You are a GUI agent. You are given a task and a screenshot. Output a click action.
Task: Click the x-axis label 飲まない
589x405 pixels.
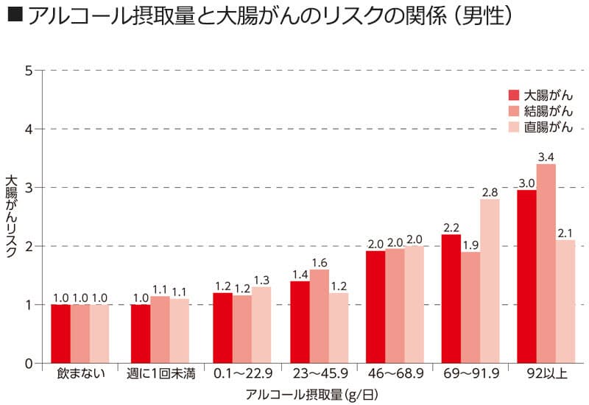[x=80, y=374]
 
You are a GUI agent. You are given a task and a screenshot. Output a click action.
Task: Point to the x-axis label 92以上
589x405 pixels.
[x=546, y=374]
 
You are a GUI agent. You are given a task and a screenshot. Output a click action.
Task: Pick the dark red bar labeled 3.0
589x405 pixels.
[x=527, y=276]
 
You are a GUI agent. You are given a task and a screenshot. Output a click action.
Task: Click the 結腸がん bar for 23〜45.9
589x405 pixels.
[x=320, y=316]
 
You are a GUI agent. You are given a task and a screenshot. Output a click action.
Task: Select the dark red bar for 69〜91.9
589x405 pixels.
[x=451, y=298]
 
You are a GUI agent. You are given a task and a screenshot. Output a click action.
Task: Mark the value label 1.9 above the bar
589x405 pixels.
[x=470, y=245]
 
